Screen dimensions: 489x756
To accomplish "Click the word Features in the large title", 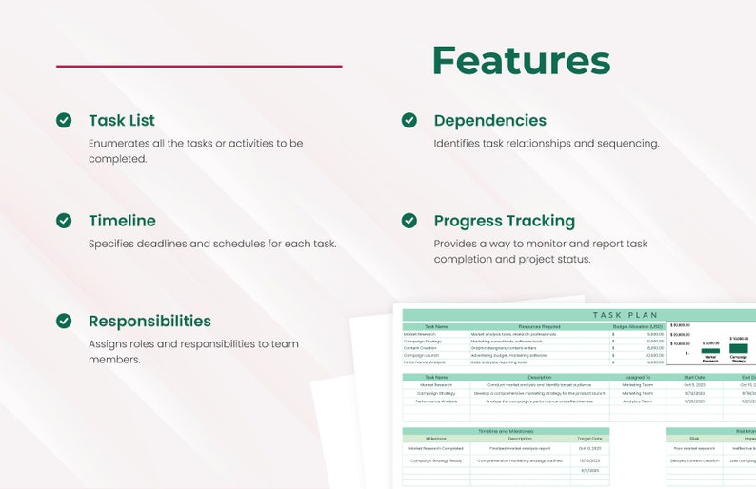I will click(x=521, y=60).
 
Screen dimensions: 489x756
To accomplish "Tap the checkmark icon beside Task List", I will click(x=64, y=120).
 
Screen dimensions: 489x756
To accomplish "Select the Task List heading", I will click(x=122, y=120).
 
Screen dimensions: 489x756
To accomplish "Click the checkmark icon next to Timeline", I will click(x=64, y=221).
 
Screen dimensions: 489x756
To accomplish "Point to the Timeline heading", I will click(x=122, y=221).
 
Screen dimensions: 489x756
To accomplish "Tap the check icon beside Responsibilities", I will click(x=64, y=322).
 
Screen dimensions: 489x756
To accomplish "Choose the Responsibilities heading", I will click(x=149, y=322).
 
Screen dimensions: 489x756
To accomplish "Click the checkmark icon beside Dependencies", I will click(x=408, y=120).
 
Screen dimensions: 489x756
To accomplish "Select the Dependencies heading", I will click(x=490, y=120).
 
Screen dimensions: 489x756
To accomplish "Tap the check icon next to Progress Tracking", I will click(x=408, y=221).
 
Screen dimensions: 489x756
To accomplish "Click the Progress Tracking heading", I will click(x=505, y=221).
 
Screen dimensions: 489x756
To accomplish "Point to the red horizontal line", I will click(x=199, y=67).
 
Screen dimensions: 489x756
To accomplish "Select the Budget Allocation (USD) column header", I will click(x=637, y=326).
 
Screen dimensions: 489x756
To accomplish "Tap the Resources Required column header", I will click(x=539, y=326).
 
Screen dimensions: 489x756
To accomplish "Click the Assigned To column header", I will click(x=637, y=377).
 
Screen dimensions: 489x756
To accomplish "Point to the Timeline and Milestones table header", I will click(x=506, y=431).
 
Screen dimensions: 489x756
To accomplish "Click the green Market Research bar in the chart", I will click(x=710, y=351).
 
